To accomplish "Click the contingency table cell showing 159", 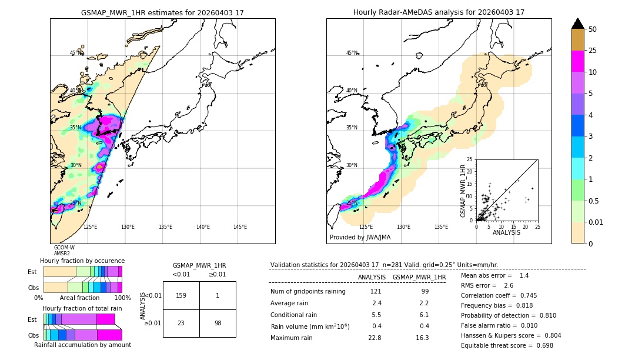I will [x=181, y=295].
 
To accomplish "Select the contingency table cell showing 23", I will [x=181, y=323].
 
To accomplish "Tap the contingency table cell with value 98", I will [x=218, y=323].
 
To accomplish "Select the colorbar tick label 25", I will [x=593, y=51].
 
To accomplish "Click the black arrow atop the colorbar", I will [x=578, y=24].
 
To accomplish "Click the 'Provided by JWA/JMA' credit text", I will [x=360, y=238].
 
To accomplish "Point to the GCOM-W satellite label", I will [x=64, y=248].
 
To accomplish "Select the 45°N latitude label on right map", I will [x=352, y=53].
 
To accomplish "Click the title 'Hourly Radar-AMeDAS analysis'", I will [x=439, y=12].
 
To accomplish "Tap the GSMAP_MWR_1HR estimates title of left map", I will [x=162, y=12].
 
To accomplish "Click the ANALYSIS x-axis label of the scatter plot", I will [x=506, y=232].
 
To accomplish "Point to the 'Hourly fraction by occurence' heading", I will [x=82, y=261].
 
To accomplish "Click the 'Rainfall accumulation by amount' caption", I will [x=82, y=345].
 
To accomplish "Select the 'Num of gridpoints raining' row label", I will [x=308, y=292].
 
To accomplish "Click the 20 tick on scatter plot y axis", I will [x=470, y=171].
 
